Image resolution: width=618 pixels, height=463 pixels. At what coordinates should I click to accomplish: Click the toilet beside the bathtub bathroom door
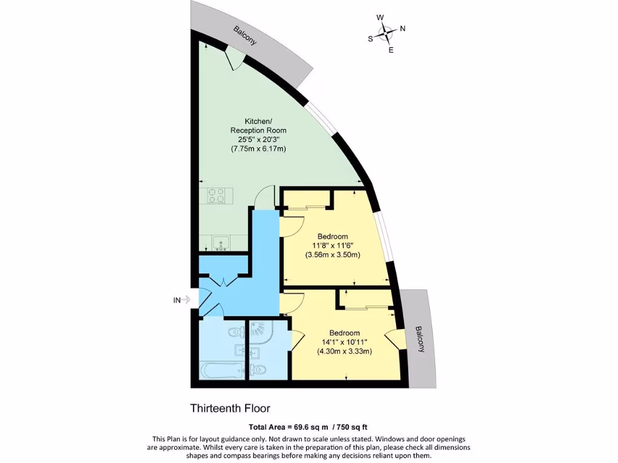[235, 332]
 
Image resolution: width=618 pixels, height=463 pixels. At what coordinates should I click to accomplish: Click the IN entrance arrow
[183, 299]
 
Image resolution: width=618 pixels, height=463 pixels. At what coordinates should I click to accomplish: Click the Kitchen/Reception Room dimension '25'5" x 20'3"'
[258, 140]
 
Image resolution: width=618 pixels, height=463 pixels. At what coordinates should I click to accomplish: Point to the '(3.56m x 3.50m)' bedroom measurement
[333, 254]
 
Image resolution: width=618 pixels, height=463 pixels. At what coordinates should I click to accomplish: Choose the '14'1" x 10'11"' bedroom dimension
[345, 342]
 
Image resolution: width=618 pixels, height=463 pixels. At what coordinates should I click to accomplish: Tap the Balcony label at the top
[246, 36]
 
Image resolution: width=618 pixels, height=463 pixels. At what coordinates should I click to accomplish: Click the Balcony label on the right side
[419, 339]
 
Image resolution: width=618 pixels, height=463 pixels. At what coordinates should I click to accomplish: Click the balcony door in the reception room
[235, 59]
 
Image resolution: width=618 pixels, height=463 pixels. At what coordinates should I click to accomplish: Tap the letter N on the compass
[403, 28]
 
